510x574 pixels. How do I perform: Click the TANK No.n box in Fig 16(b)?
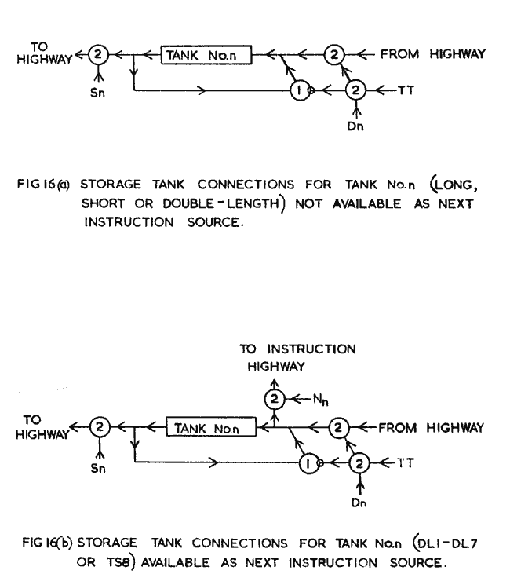tap(212, 428)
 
